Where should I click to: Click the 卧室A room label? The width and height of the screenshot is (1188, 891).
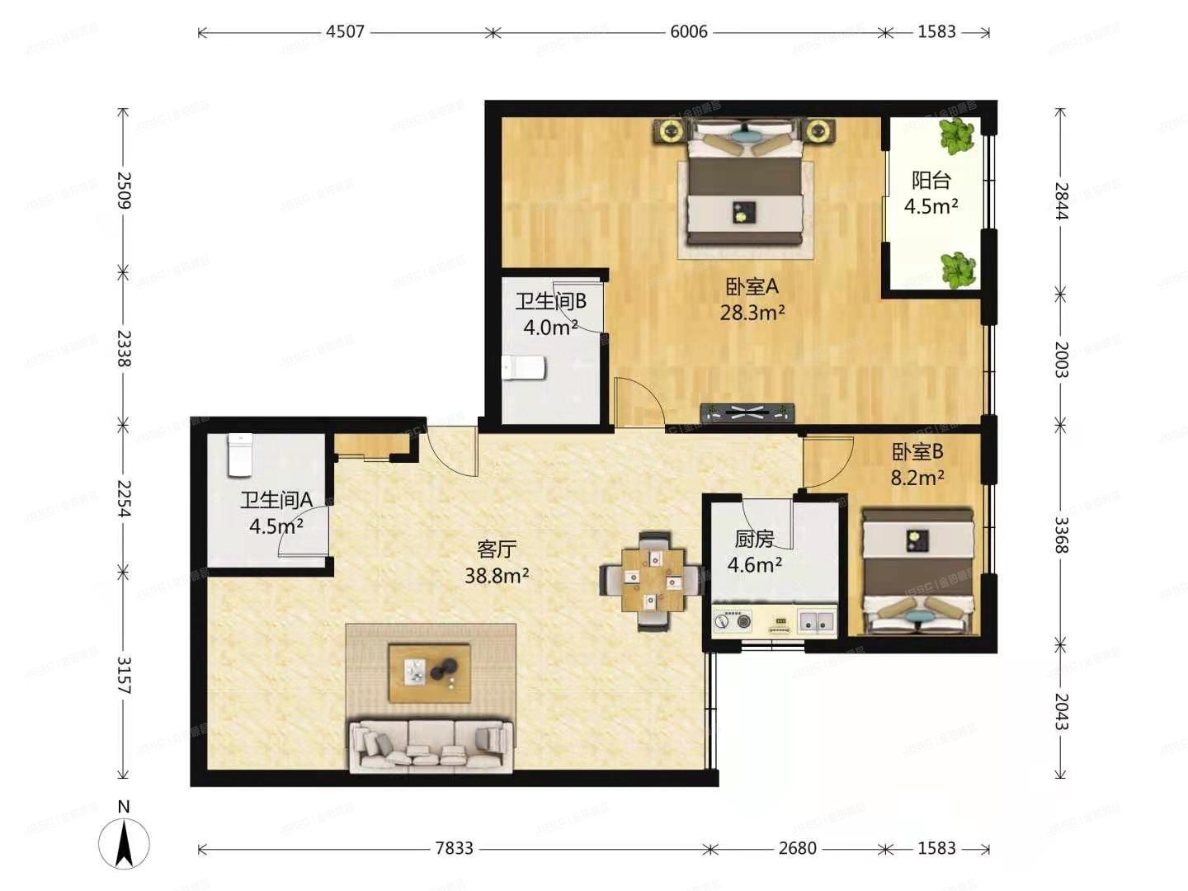752,286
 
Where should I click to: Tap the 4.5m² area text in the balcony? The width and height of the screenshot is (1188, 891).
931,206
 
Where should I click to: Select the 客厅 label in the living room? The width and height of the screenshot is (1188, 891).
497,549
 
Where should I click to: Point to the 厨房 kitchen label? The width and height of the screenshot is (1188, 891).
754,539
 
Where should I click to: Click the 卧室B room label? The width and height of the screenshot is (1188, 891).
917,451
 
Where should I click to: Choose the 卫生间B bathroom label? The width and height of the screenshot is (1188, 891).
550,301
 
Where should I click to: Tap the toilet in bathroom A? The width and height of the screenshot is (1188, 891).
239,455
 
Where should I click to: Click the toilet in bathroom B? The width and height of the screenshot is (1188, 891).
524,367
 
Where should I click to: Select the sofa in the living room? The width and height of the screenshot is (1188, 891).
430,746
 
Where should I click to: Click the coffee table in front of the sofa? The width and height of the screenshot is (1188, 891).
430,672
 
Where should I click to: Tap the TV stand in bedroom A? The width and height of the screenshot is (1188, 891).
747,412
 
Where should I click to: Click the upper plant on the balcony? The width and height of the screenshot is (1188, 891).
956,136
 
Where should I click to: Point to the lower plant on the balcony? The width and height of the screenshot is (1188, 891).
957,269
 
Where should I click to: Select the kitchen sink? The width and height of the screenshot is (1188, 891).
815,621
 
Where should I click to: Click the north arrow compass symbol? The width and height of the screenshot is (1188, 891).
124,841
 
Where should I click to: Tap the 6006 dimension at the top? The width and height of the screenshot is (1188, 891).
688,32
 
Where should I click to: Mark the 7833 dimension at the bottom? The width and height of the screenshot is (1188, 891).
454,848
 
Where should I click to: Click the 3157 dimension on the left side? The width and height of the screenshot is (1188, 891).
124,674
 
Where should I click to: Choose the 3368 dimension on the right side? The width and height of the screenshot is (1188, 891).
1061,535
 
